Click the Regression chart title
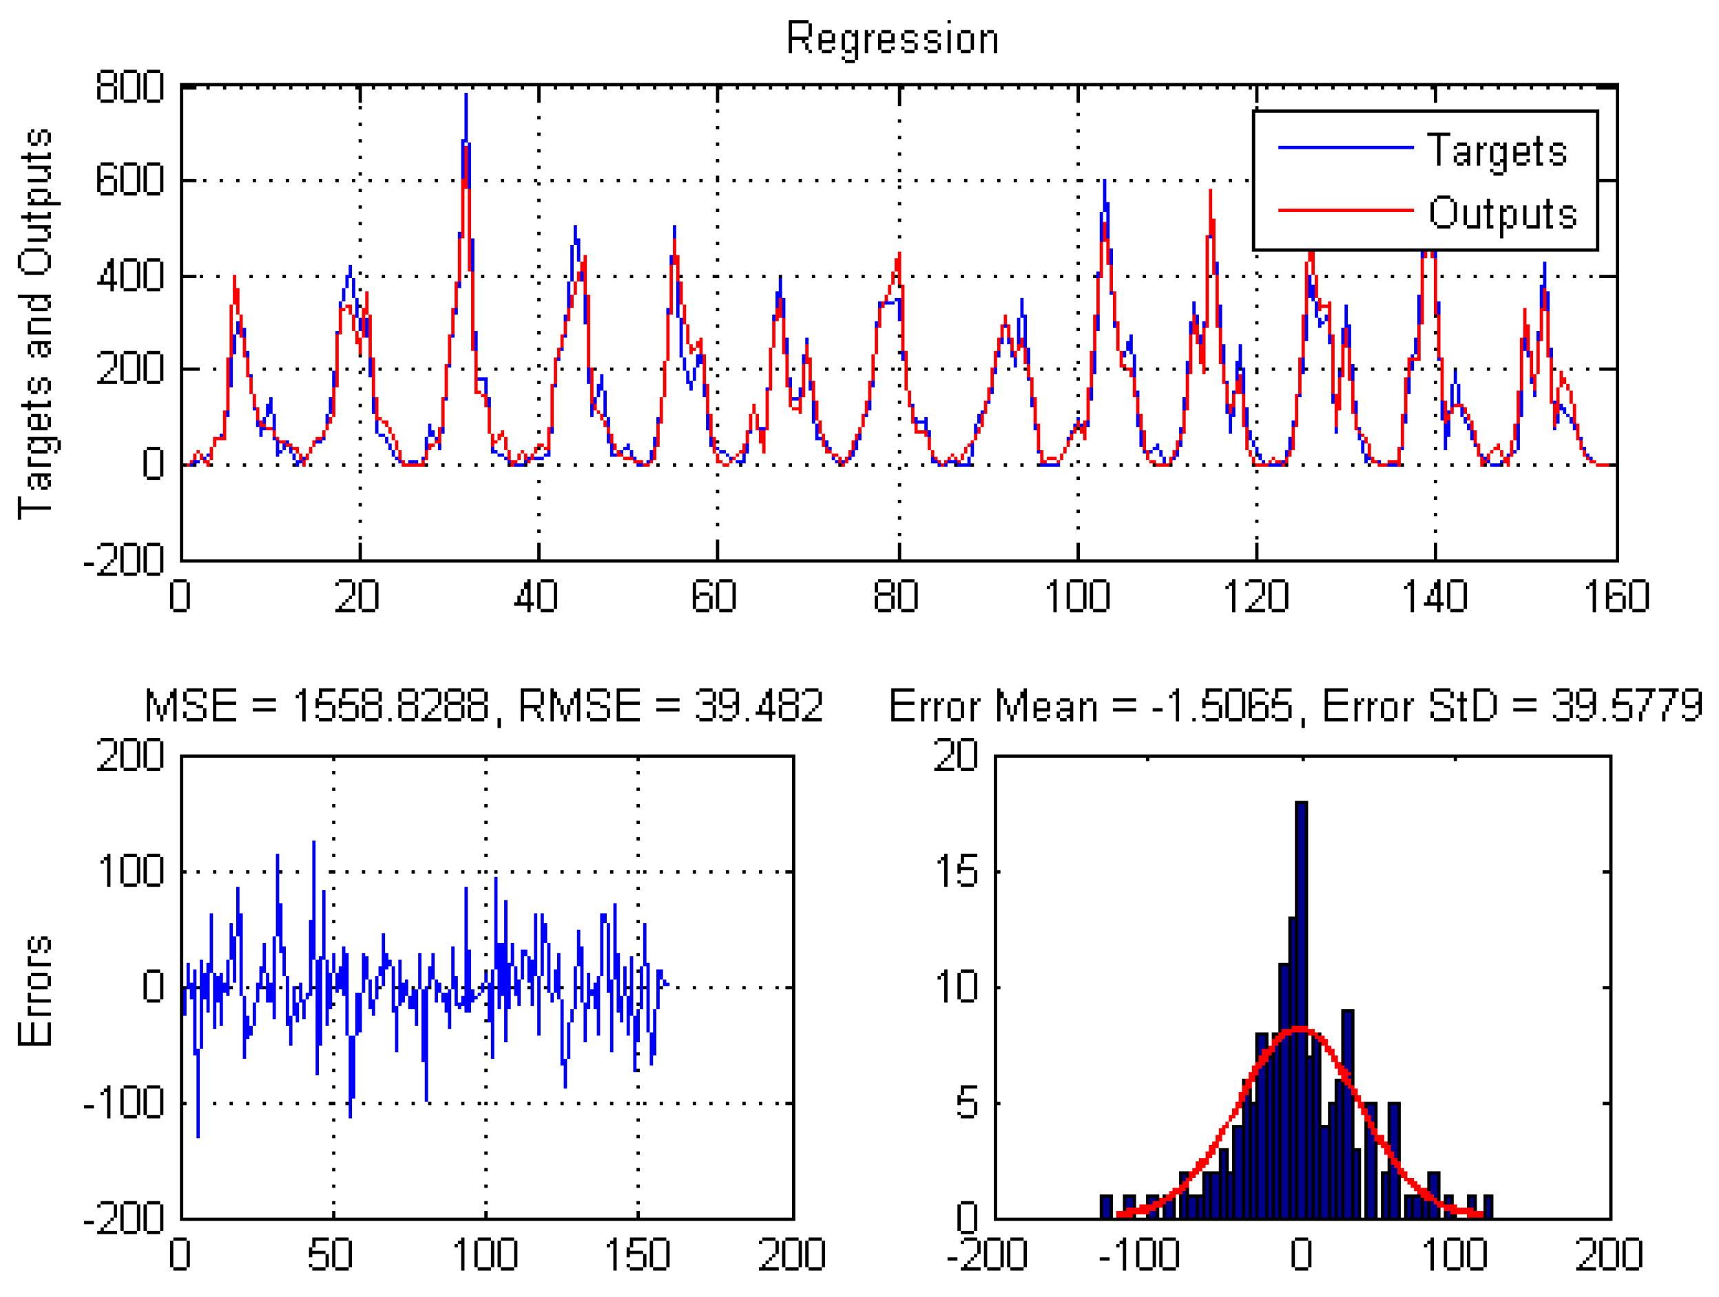(x=892, y=39)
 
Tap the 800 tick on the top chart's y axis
(x=129, y=86)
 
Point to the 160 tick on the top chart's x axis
(x=1616, y=596)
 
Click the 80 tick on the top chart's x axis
(x=895, y=596)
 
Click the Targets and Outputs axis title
(x=36, y=323)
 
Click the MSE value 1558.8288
(x=390, y=706)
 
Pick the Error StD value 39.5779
(x=1627, y=706)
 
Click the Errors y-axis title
(x=36, y=990)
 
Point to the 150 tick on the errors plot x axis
(x=637, y=1254)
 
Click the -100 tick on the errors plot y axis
(x=125, y=1102)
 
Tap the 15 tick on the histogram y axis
(x=956, y=871)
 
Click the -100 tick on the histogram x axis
(x=1139, y=1254)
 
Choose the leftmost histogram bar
(x=1106, y=1206)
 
